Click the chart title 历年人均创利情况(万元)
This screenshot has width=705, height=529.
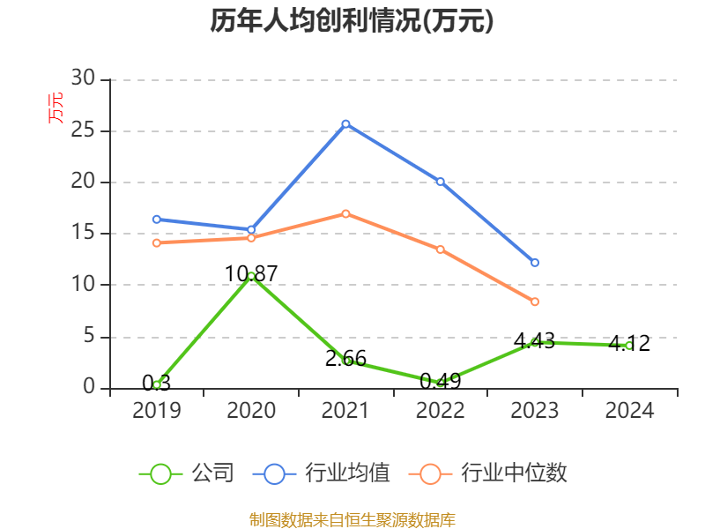pos(352,21)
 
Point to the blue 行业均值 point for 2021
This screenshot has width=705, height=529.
pos(345,124)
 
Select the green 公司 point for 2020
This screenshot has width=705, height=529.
pos(251,276)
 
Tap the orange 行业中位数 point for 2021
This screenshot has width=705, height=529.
pos(345,213)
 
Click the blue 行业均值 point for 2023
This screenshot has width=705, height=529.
pos(535,263)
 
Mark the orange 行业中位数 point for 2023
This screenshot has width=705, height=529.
pos(535,302)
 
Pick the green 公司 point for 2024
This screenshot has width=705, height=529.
pos(629,346)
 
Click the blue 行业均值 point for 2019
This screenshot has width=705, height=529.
pos(157,219)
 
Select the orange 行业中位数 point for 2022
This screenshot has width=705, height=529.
pos(440,250)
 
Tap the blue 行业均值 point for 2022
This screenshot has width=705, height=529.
pos(440,182)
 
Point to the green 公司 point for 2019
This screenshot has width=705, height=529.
pos(157,384)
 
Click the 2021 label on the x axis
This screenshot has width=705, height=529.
pos(345,411)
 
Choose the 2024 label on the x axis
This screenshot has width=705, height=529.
pos(629,411)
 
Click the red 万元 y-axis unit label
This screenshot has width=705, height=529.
pos(56,108)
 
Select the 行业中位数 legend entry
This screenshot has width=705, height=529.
pos(488,473)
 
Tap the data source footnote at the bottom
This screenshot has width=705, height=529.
pos(352,519)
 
